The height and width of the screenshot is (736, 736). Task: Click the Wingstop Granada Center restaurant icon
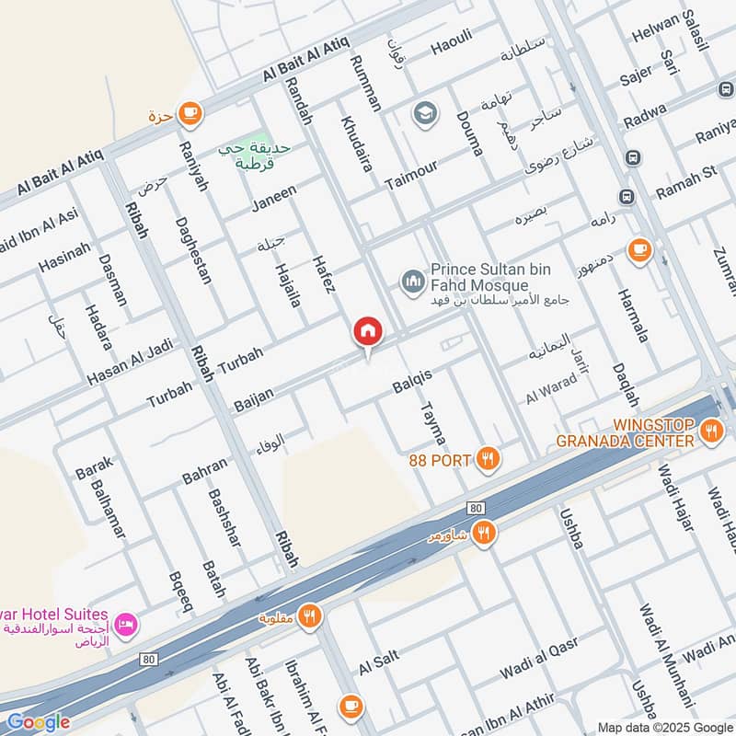[x=710, y=430]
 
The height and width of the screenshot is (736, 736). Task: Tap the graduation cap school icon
[x=424, y=113]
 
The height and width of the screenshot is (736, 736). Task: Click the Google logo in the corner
[x=38, y=722]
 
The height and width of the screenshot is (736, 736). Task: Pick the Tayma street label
[x=431, y=423]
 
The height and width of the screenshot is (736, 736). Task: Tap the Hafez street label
[x=323, y=273]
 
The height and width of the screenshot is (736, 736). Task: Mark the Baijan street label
[x=255, y=398]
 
